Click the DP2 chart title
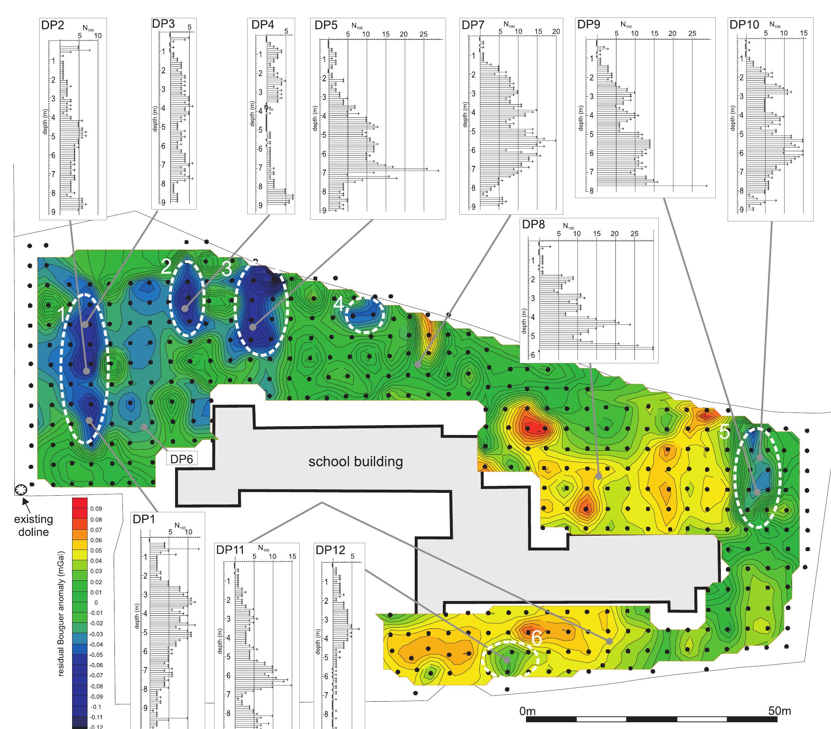pyautogui.click(x=52, y=25)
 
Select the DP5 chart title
pyautogui.click(x=326, y=26)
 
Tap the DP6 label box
pyautogui.click(x=182, y=459)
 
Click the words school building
pyautogui.click(x=355, y=462)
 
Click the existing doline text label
pyautogui.click(x=33, y=525)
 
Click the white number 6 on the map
pyautogui.click(x=537, y=639)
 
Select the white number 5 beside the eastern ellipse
pyautogui.click(x=724, y=433)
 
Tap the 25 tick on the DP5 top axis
pyautogui.click(x=423, y=34)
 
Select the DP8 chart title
pyautogui.click(x=534, y=224)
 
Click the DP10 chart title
pyautogui.click(x=744, y=25)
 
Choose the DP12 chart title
pyautogui.click(x=330, y=550)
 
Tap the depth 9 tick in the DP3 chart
pyautogui.click(x=163, y=202)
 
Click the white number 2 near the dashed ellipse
pyautogui.click(x=166, y=267)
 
